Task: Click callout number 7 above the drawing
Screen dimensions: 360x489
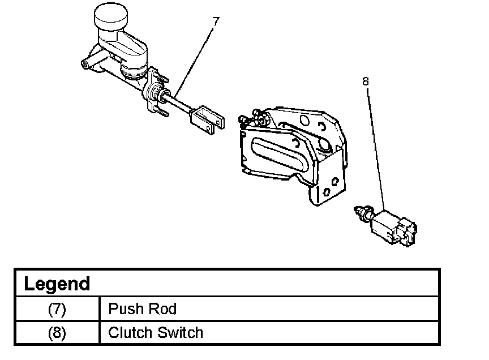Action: point(215,21)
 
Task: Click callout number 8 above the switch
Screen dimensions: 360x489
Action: point(365,82)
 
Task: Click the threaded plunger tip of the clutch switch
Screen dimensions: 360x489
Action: point(357,212)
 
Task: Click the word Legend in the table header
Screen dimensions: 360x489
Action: point(57,284)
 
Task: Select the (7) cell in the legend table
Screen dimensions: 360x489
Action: point(57,309)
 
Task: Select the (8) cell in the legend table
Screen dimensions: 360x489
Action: point(57,332)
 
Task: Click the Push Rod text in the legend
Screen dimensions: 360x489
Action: point(142,309)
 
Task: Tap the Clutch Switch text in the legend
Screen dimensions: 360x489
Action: point(155,332)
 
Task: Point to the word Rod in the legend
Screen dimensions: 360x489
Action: point(164,309)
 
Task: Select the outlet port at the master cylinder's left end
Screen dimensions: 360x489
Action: point(85,64)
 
